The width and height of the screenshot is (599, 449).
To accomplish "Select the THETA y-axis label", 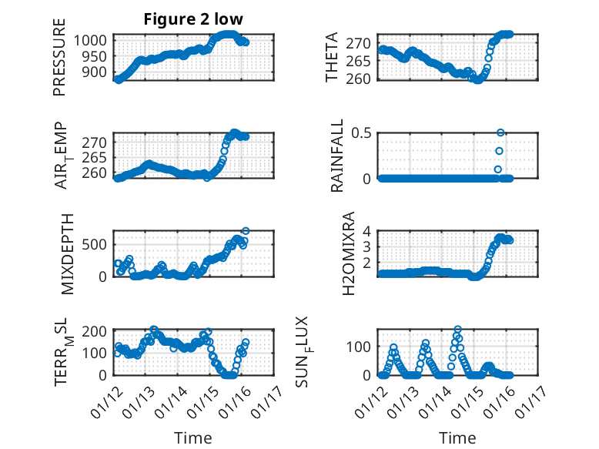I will tap(332, 58).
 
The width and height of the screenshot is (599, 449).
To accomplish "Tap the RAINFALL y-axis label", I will tap(337, 156).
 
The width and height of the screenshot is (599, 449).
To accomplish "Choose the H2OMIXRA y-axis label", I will tap(348, 253).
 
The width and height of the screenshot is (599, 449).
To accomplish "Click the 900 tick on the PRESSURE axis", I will tap(96, 72).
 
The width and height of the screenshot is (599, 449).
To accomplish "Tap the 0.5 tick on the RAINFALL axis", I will tap(362, 132).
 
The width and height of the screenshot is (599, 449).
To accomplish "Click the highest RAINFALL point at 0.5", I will tap(500, 132).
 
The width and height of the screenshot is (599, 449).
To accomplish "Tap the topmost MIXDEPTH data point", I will tap(246, 230).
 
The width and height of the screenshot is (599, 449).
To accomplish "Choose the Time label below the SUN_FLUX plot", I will tap(457, 437).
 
